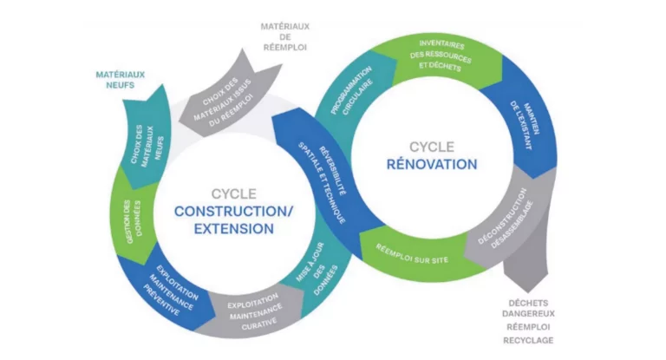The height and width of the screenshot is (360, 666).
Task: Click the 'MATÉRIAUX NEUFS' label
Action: coord(119,81)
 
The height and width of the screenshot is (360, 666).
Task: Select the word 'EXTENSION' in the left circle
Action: coord(225,229)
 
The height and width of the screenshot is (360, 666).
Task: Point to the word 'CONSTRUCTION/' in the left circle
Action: coord(225,211)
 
